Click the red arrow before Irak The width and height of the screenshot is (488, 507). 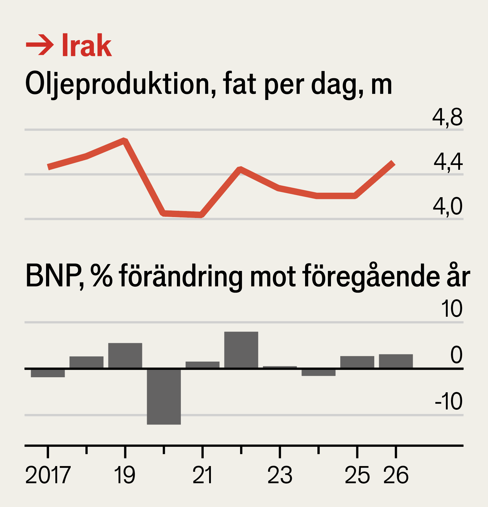click(x=40, y=45)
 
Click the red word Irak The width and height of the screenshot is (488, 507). click(x=87, y=45)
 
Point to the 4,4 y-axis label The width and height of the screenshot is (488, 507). click(x=448, y=162)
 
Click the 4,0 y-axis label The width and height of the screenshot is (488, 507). click(x=447, y=207)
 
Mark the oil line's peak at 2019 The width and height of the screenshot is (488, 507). click(x=125, y=140)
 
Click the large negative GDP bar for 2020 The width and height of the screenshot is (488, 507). click(x=164, y=396)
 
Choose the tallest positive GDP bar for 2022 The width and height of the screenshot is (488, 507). click(x=241, y=350)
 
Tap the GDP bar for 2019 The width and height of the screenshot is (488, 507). click(x=125, y=356)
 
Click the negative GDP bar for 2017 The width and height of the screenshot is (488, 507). click(x=48, y=373)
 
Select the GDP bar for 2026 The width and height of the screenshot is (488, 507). click(x=396, y=361)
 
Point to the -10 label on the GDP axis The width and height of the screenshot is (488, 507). click(x=448, y=401)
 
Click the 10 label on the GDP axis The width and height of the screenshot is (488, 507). click(x=452, y=309)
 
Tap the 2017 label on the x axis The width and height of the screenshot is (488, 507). click(x=48, y=475)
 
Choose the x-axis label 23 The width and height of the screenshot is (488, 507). click(x=280, y=475)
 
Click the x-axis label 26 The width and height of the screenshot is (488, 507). click(x=396, y=475)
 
